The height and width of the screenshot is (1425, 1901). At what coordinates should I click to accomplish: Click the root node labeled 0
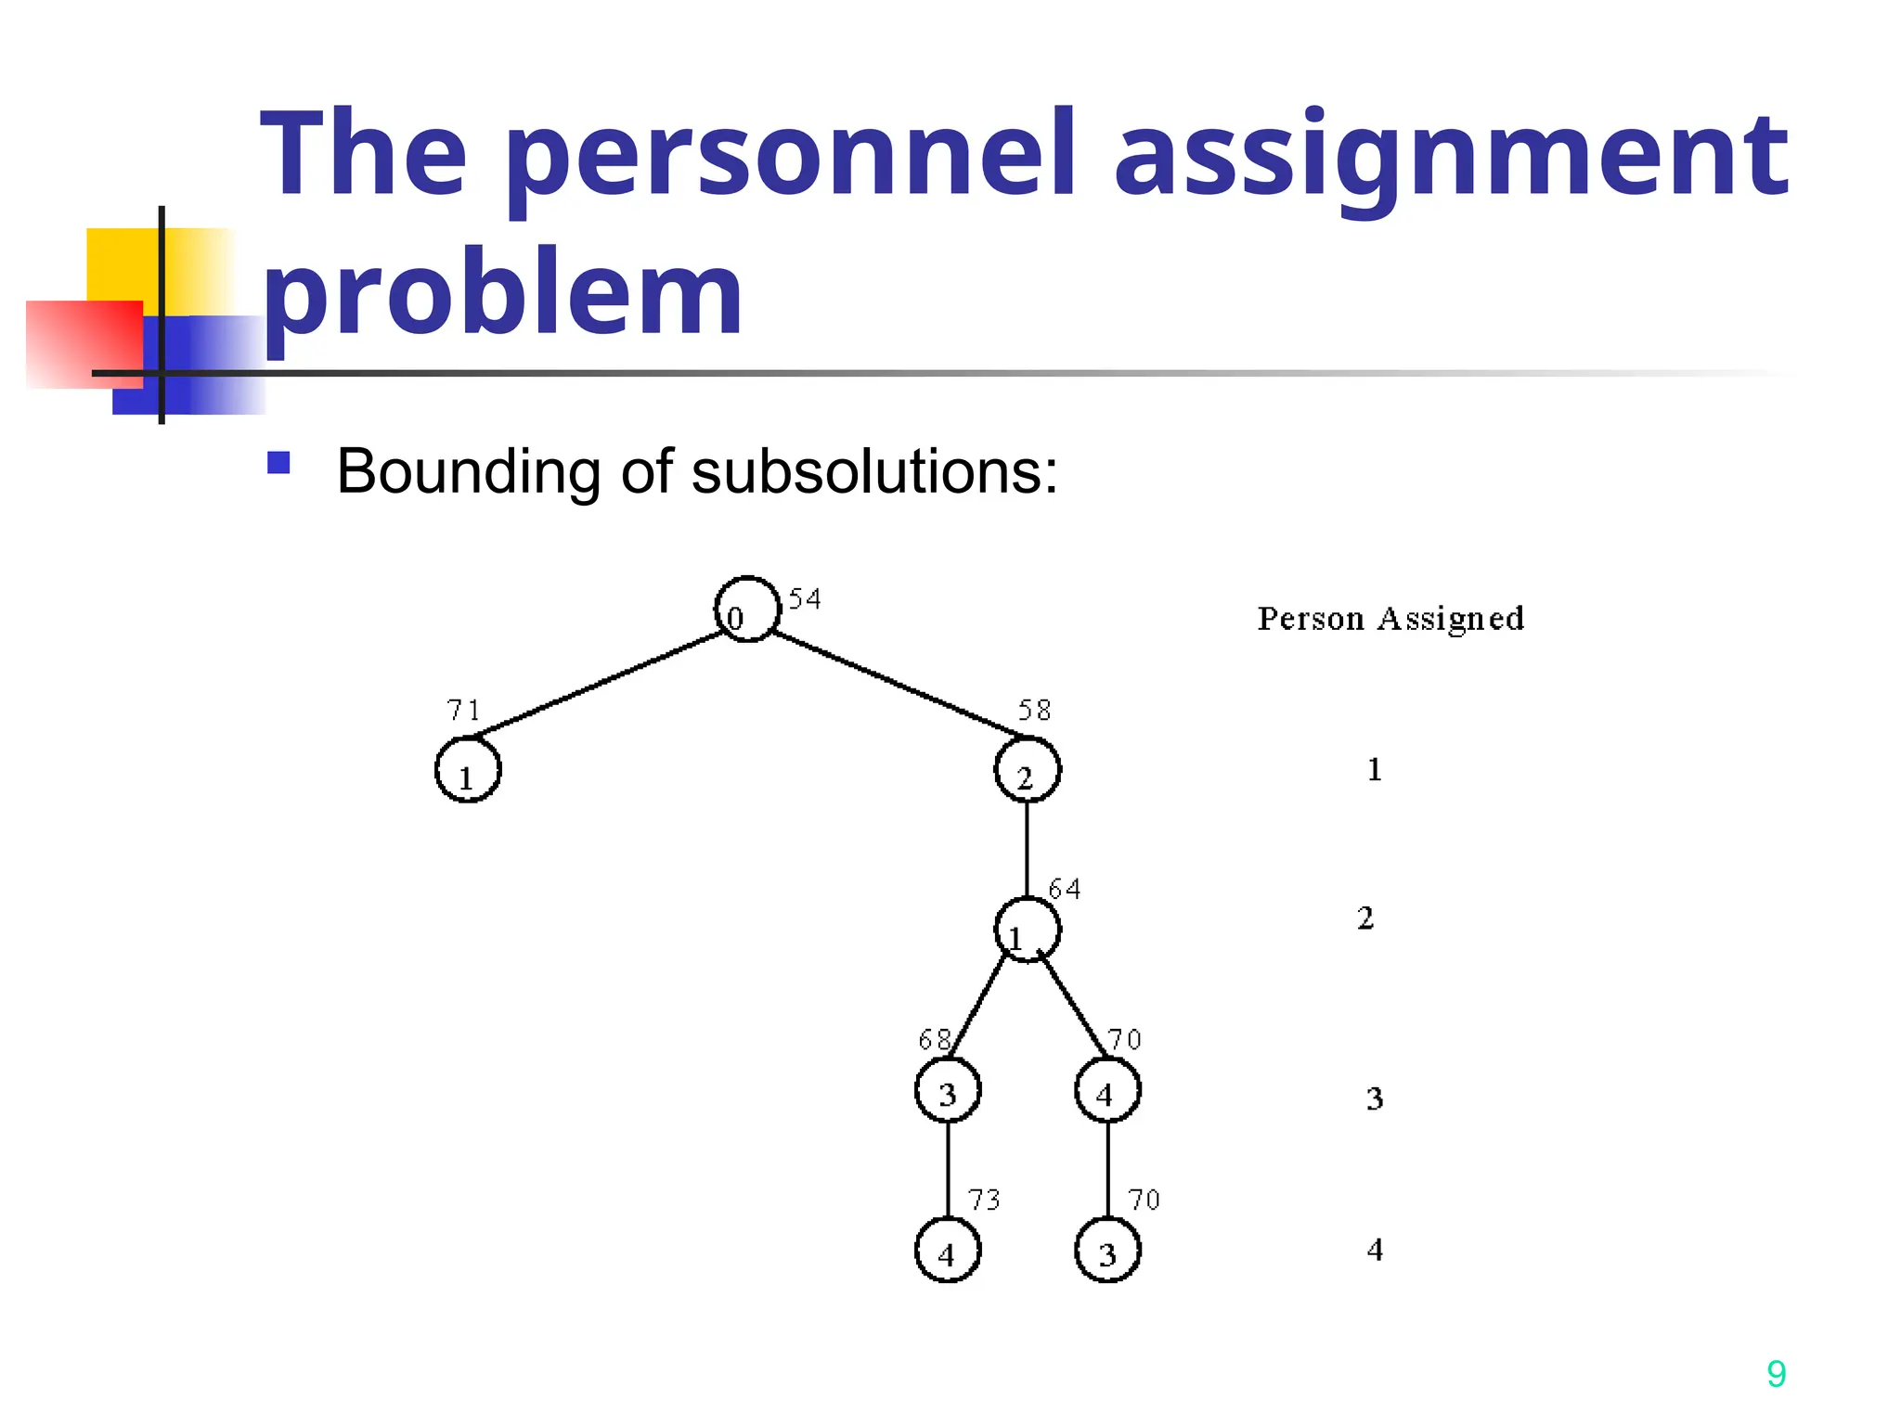pos(747,610)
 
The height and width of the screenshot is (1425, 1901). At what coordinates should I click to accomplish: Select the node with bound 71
pos(468,770)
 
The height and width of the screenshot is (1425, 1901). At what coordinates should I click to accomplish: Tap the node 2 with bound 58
pos(1027,770)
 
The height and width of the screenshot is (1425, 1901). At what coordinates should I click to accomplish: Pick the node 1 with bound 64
pos(1027,930)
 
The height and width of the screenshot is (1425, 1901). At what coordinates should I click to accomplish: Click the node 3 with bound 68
pos(948,1090)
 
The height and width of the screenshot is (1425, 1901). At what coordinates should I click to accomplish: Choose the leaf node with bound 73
pos(948,1251)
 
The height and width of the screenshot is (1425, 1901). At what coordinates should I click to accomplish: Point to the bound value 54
pos(805,599)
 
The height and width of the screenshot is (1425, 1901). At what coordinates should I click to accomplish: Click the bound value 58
pos(1034,711)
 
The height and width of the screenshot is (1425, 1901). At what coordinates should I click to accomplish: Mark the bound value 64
pos(1064,890)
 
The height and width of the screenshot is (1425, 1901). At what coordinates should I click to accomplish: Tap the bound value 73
pos(984,1200)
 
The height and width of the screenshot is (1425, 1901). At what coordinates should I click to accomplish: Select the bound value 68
pos(934,1040)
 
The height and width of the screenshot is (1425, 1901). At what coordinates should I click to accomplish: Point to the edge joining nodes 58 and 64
pos(1027,849)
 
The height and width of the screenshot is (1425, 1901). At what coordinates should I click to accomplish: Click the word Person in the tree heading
pos(1310,619)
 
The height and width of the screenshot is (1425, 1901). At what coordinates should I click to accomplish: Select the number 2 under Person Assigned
pos(1365,918)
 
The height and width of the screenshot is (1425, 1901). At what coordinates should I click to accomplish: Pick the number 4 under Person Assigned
pos(1375,1250)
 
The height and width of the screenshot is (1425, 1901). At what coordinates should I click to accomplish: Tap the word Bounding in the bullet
pos(469,471)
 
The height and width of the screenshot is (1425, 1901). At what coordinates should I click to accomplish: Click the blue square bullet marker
pos(278,462)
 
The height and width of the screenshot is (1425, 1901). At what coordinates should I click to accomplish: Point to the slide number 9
pos(1776,1374)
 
